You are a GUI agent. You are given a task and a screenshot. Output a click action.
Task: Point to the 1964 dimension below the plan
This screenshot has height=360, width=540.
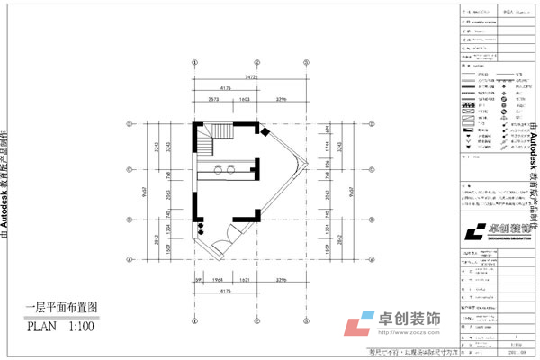(216, 280)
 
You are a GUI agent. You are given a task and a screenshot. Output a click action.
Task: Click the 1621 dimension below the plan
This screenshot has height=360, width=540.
(246, 280)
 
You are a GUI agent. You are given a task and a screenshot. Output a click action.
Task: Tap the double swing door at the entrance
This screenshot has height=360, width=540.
(229, 236)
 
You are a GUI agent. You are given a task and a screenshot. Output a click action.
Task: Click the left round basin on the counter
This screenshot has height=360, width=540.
(218, 168)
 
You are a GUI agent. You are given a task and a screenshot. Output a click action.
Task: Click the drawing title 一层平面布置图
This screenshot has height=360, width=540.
(60, 307)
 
